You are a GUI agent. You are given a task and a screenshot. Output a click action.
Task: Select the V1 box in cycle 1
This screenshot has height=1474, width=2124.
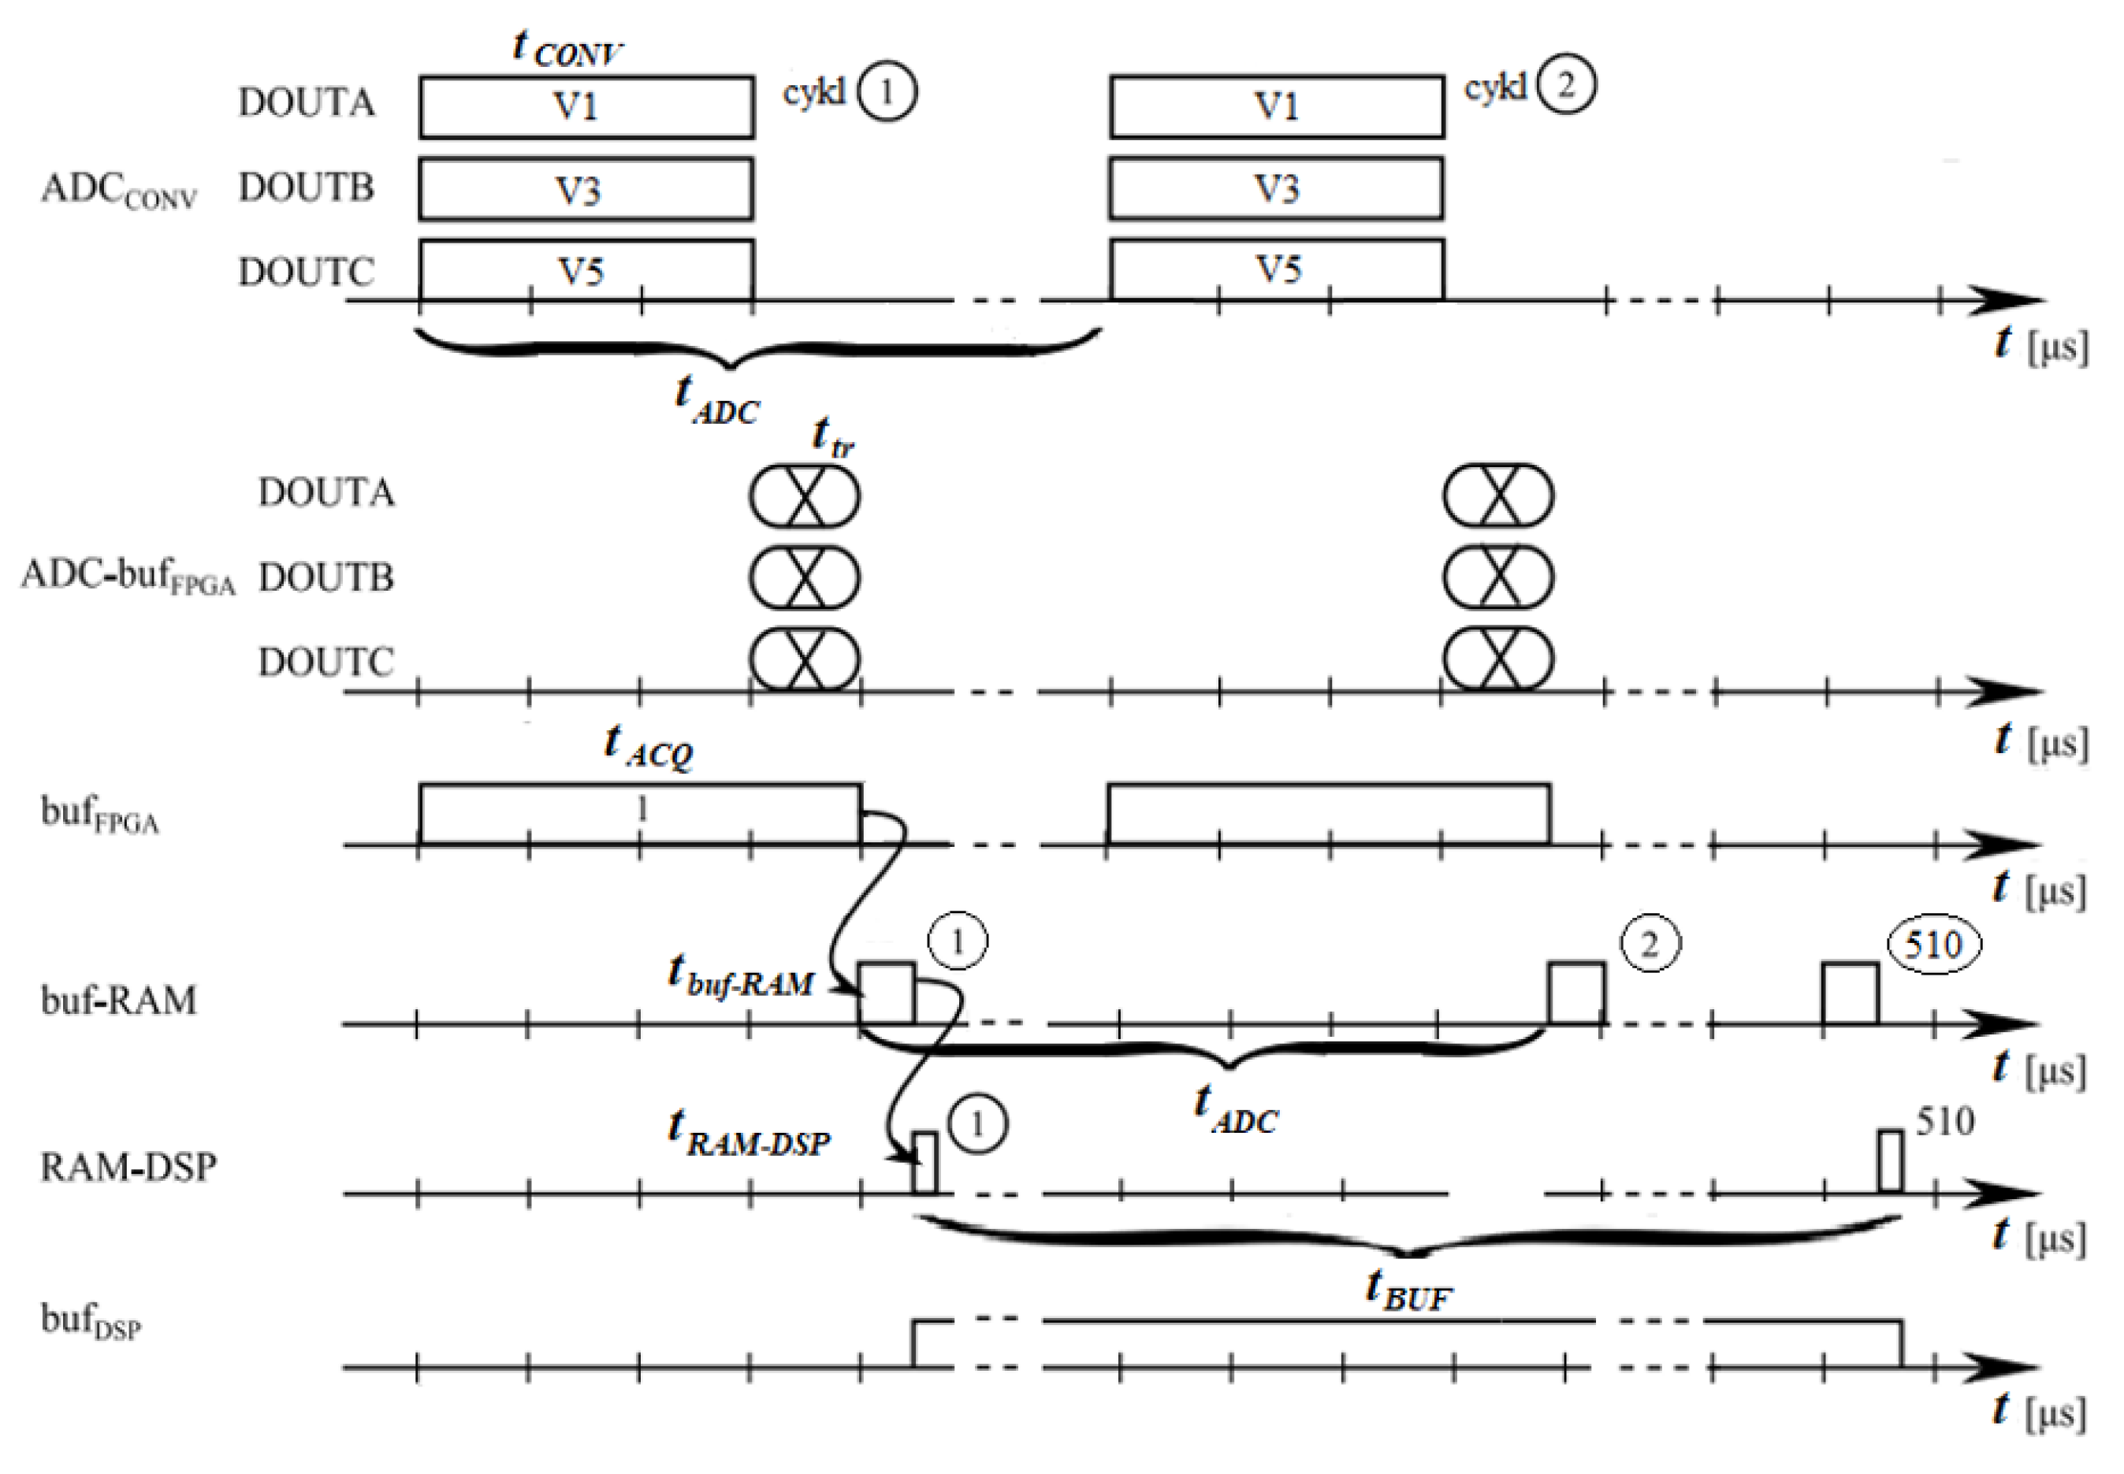(x=586, y=107)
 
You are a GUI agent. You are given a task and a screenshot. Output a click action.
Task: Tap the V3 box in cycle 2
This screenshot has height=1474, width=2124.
(x=1275, y=188)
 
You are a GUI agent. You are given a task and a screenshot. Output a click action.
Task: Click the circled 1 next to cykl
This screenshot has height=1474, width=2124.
(x=886, y=92)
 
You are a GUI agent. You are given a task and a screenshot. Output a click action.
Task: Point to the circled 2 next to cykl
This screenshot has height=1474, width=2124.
(x=1565, y=85)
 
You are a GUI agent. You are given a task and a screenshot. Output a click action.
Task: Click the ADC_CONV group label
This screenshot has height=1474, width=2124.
(x=118, y=189)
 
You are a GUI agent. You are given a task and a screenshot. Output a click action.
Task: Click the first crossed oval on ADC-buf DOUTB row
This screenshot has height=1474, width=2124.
(x=804, y=577)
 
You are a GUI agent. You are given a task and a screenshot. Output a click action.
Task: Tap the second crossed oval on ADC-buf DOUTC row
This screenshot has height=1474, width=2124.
(x=1497, y=659)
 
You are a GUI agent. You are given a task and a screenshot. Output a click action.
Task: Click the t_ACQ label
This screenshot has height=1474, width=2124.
(x=648, y=745)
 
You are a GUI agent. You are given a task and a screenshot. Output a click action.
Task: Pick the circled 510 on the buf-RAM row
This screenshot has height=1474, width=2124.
(x=1932, y=945)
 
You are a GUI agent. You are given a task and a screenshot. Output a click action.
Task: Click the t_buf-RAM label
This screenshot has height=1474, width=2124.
(x=741, y=975)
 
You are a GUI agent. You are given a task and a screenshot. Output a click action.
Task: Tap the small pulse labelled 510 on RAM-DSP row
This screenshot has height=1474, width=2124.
(x=1890, y=1161)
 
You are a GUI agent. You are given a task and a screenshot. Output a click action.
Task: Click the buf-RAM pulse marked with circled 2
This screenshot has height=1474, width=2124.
(x=1575, y=993)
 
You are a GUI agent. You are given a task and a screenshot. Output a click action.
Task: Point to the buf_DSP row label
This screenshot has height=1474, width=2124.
(x=91, y=1320)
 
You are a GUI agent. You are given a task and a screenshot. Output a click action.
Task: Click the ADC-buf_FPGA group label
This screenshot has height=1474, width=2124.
(x=128, y=577)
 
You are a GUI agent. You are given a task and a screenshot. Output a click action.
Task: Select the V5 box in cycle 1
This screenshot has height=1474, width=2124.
(x=586, y=270)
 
